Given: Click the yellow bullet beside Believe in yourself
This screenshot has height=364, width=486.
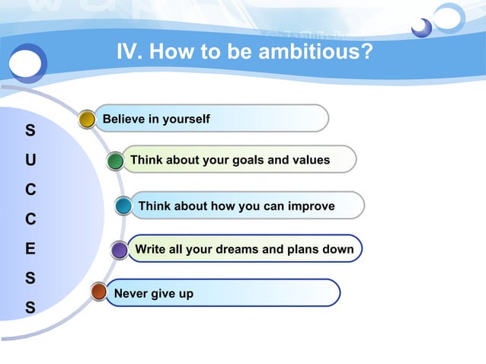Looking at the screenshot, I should (x=88, y=119).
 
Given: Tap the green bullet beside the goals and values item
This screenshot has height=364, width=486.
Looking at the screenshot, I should (x=115, y=161).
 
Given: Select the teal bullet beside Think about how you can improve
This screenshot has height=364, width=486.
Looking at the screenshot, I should (x=123, y=206).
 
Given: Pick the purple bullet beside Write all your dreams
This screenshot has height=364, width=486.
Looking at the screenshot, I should (x=120, y=250).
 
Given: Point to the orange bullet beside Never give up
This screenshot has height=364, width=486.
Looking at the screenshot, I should (x=98, y=292).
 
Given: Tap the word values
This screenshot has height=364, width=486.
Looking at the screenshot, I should (x=310, y=160).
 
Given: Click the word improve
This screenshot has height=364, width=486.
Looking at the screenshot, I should (x=311, y=206).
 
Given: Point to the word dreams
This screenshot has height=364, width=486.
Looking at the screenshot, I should (x=247, y=249).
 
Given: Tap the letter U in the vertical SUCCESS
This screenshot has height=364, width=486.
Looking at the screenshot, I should (x=30, y=161).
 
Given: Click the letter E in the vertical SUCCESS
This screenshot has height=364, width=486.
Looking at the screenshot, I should (x=30, y=249).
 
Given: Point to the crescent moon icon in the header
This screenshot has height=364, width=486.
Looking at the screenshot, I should (x=420, y=28).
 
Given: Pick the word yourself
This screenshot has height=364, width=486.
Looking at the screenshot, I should (x=185, y=120).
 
